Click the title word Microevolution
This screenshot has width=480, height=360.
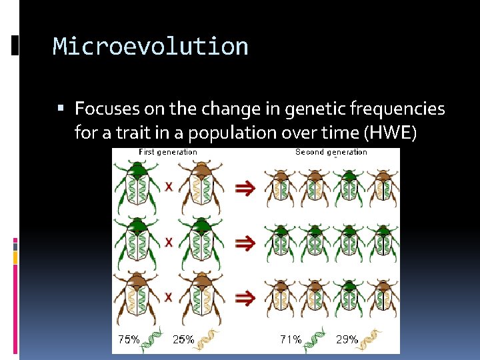click(151, 47)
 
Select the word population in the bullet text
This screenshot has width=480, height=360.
click(233, 133)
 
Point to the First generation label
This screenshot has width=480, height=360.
click(167, 152)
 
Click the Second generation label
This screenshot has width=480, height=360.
click(331, 152)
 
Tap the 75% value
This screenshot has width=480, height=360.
click(129, 339)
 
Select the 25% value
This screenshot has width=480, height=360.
click(183, 339)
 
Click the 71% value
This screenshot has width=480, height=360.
click(291, 339)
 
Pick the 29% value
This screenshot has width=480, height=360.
click(347, 339)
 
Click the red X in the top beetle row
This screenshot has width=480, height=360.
click(169, 187)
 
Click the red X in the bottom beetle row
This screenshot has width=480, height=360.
click(169, 296)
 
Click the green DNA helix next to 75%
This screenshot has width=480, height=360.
click(153, 339)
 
